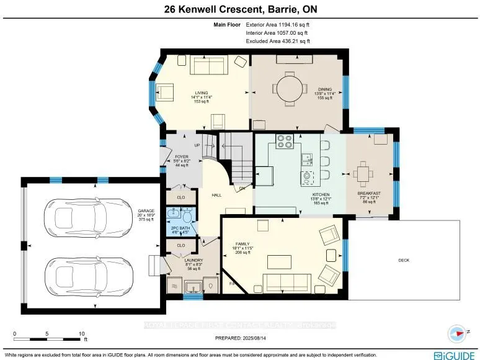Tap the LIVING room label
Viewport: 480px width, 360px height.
(x=201, y=93)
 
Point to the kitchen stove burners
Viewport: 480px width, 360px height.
(x=285, y=142)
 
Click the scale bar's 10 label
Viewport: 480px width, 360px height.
(x=81, y=334)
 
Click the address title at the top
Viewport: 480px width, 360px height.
(x=239, y=9)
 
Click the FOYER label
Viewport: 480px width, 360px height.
(x=181, y=156)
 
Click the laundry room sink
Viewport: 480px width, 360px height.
(x=192, y=287)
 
